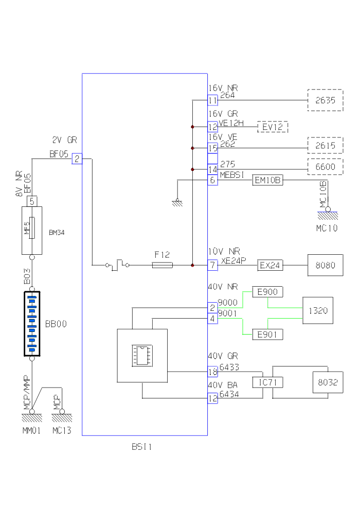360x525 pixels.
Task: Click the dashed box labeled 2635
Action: (x=325, y=100)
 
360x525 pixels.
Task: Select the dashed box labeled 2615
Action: (x=325, y=146)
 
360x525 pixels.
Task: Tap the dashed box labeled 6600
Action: (x=325, y=167)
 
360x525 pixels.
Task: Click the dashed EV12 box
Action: (x=273, y=127)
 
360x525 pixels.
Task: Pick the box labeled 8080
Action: (x=325, y=266)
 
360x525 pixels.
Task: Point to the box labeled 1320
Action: (x=317, y=310)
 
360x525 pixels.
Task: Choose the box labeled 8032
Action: (x=328, y=382)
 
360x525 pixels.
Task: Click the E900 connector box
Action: (x=267, y=292)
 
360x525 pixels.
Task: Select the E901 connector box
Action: (x=267, y=335)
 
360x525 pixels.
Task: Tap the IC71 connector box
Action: (x=267, y=382)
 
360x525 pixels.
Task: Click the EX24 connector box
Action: (x=268, y=266)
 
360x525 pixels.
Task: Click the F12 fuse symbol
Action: (x=163, y=265)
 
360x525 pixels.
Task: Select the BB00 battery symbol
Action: (x=32, y=324)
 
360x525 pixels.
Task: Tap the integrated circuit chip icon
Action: (x=141, y=355)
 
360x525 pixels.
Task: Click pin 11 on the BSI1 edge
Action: (x=213, y=100)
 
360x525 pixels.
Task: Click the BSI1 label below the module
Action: (x=141, y=447)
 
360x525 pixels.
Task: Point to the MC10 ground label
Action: (x=327, y=227)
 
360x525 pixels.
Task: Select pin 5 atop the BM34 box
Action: (x=32, y=201)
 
